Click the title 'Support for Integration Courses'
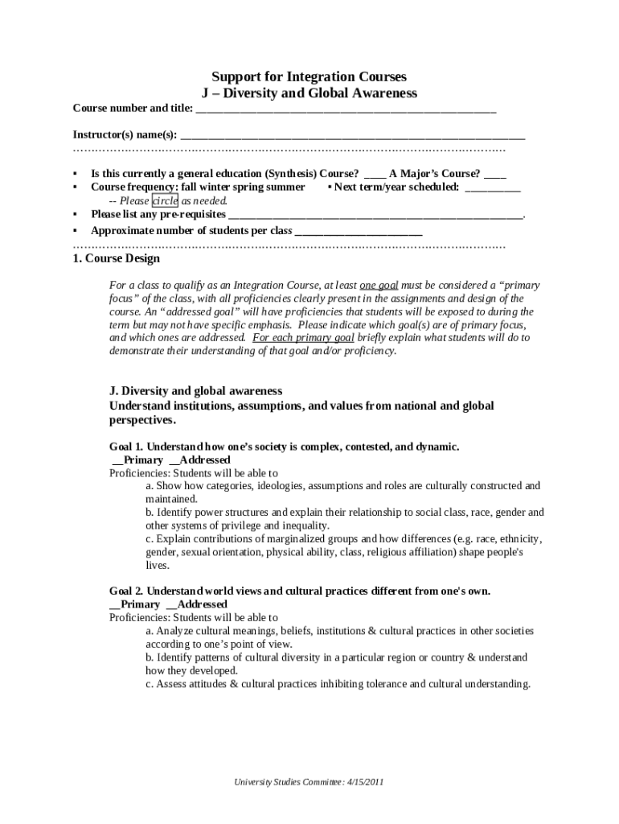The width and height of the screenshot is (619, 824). pos(309,77)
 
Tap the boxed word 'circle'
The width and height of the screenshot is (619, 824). pos(165,201)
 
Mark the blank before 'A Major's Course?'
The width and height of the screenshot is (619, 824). pos(375,175)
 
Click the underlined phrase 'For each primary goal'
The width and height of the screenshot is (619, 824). pos(303,338)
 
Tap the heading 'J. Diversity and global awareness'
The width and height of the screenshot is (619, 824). pos(195,391)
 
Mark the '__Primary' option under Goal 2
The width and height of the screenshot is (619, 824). pos(134,604)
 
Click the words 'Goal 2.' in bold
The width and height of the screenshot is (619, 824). pos(126,591)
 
